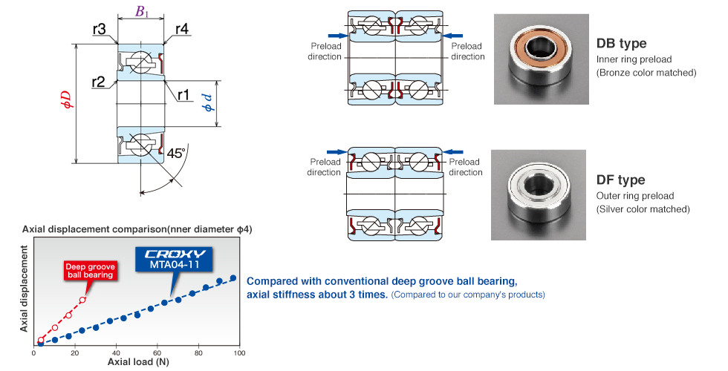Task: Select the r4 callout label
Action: pyautogui.click(x=181, y=29)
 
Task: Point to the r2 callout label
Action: pyautogui.click(x=99, y=82)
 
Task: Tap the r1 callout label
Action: pyautogui.click(x=183, y=94)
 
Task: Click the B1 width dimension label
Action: pyautogui.click(x=142, y=11)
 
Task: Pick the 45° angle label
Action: pyautogui.click(x=176, y=154)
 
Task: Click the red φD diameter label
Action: pyautogui.click(x=67, y=101)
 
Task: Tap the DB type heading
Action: pyautogui.click(x=621, y=44)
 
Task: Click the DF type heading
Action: pyautogui.click(x=620, y=180)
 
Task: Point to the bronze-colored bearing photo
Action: pyautogui.click(x=539, y=58)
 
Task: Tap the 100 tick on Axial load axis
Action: pyautogui.click(x=239, y=352)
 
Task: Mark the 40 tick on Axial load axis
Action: pyautogui.click(x=116, y=352)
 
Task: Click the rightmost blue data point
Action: pyautogui.click(x=233, y=278)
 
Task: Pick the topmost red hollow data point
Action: pyautogui.click(x=82, y=300)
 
